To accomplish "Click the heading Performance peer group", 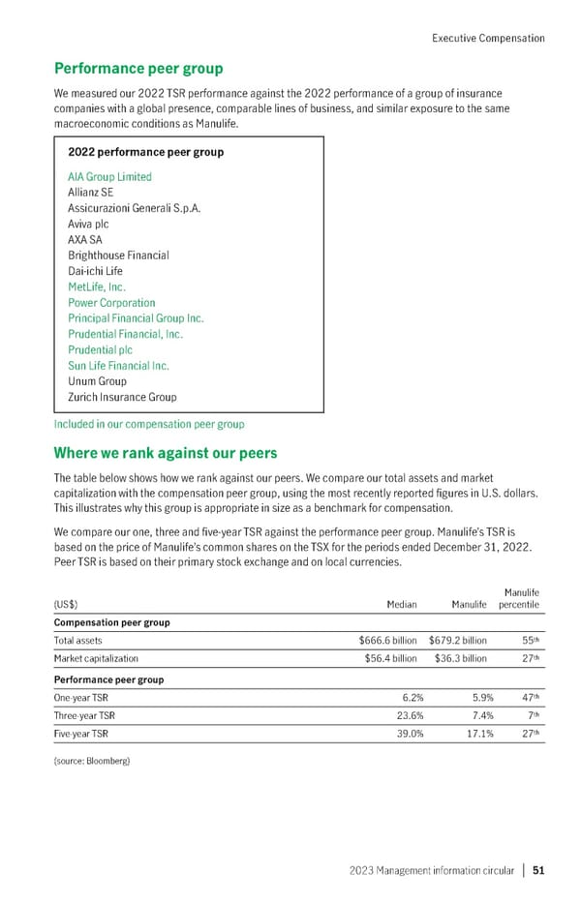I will coord(138,69).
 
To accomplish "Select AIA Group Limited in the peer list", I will coord(109,177).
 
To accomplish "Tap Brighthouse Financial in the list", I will coord(118,256).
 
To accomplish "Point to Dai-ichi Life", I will coord(97,271).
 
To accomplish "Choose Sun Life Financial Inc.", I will coord(118,366).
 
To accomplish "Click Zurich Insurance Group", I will coord(122,397).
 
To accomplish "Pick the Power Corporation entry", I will coord(111,303).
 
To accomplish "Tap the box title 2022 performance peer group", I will coord(145,152).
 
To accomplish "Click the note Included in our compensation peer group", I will coord(148,424).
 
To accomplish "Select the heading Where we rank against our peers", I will coord(165,453).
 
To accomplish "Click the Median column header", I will coord(401,605).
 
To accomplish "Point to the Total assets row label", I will coord(78,641).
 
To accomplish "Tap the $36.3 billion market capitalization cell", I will coord(457,660).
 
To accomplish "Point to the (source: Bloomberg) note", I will coord(91,762).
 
